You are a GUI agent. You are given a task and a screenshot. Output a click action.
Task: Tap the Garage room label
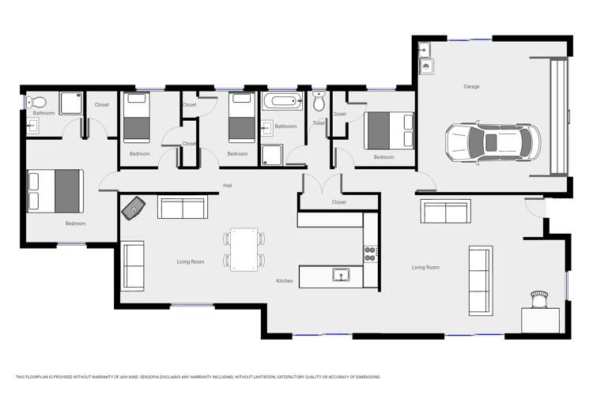coord(471,87)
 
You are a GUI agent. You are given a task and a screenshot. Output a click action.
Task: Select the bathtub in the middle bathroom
coord(283,101)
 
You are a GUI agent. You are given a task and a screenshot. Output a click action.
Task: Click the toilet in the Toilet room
coord(319,101)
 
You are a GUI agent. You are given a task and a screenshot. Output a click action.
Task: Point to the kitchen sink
coord(341,275)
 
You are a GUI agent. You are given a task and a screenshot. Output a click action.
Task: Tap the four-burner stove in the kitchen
coord(370,254)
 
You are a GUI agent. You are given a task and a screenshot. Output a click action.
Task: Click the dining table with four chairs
coord(244,249)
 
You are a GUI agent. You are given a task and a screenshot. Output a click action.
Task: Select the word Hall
coord(227,186)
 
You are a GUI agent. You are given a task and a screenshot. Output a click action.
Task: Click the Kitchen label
coord(285,281)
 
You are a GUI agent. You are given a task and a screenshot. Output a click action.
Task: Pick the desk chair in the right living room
coord(539,299)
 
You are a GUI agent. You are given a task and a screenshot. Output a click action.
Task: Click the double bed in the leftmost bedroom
coord(55,191)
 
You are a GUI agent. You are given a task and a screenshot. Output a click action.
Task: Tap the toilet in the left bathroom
coord(36,102)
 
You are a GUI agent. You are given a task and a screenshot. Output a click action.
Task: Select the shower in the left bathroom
coord(71,103)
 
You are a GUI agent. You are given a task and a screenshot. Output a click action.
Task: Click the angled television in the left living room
coord(134,208)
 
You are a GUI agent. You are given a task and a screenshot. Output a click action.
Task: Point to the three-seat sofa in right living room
coord(481,280)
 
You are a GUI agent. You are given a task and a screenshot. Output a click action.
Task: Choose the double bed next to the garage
coord(389,130)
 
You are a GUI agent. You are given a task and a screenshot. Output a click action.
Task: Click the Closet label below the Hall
coord(338,202)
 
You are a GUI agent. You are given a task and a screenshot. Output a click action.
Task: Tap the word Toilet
coord(319,123)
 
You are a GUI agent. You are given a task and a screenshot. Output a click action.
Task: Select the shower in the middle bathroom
coord(272,155)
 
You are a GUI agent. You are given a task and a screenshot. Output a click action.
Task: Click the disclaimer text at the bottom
coord(198,377)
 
